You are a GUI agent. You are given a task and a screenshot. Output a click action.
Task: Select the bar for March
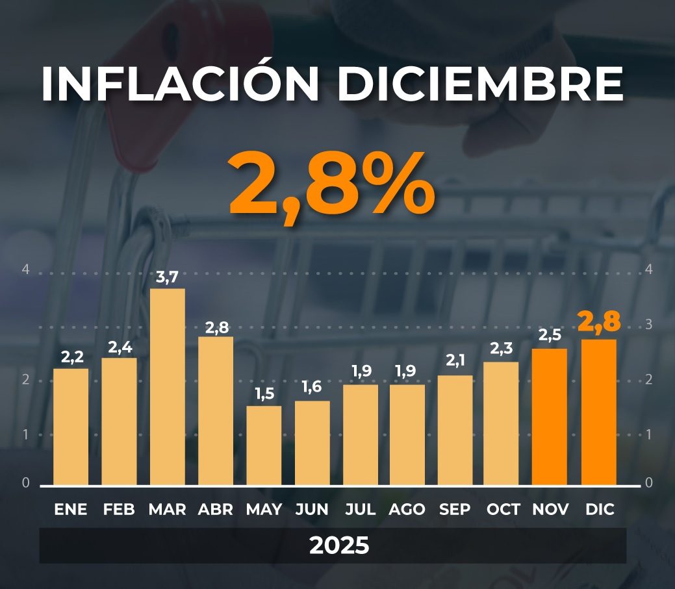(168, 387)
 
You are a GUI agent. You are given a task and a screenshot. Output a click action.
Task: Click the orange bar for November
(550, 417)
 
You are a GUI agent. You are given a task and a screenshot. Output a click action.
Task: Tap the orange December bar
(598, 412)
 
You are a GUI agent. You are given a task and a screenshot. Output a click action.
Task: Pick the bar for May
(264, 445)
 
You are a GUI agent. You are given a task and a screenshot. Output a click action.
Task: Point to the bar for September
(455, 430)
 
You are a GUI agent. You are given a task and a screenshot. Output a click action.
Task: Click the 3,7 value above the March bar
(168, 278)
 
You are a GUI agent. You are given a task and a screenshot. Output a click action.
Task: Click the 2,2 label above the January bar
(71, 357)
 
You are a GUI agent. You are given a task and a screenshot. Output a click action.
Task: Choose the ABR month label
(215, 510)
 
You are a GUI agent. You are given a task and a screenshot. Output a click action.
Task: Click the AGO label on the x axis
(407, 510)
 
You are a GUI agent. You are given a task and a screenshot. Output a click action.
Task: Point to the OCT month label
(503, 510)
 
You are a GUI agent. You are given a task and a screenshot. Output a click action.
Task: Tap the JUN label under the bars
(312, 510)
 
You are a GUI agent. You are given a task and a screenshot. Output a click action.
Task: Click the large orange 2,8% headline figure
(331, 186)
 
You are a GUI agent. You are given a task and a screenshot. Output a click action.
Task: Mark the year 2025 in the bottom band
(339, 545)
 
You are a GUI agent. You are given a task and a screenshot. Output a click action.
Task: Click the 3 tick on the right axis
(649, 325)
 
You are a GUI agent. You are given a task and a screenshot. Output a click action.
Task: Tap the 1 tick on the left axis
(26, 434)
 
